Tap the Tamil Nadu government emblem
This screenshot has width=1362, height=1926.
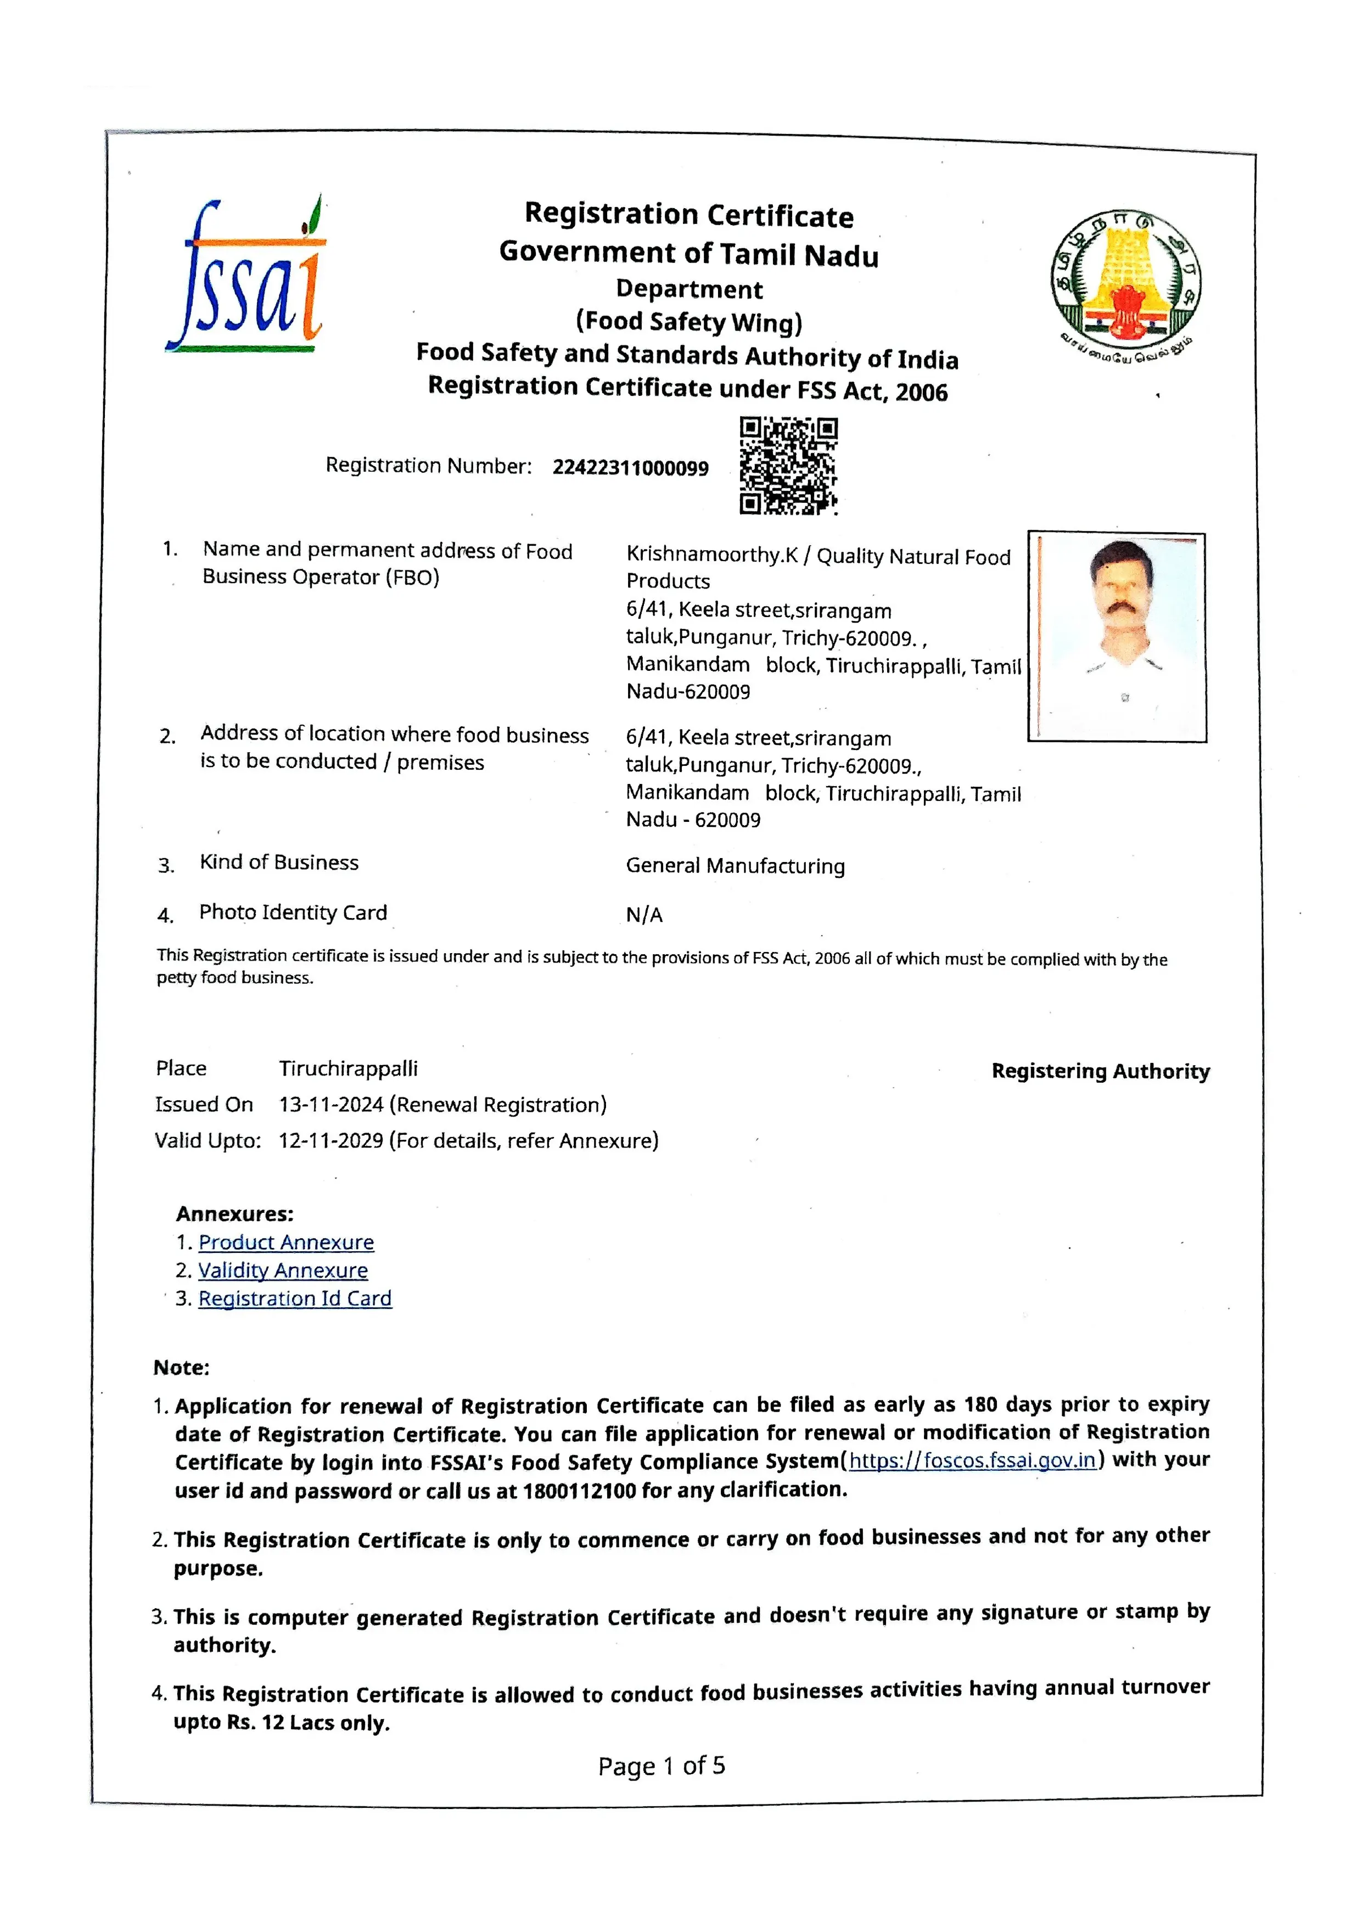coord(1125,281)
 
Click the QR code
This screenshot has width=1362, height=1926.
coord(788,466)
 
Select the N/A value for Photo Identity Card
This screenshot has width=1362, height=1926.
coord(644,915)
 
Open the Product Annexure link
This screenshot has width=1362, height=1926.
coord(286,1242)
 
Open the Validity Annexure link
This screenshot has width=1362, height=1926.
coord(283,1271)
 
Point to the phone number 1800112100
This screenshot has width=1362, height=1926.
coord(579,1491)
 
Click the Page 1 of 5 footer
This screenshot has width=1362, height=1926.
coord(661,1767)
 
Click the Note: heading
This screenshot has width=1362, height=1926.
coord(181,1368)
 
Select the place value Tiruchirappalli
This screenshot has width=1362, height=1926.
coord(348,1069)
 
